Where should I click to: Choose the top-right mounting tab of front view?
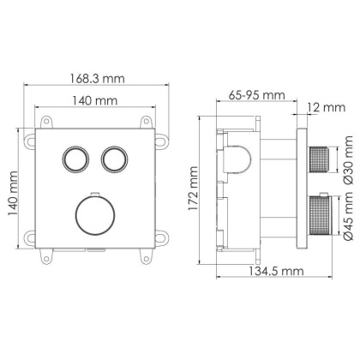pyautogui.click(x=159, y=135)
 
